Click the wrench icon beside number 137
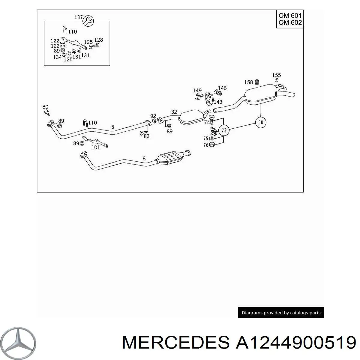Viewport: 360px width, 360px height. pyautogui.click(x=88, y=21)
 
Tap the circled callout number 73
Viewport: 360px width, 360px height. pyautogui.click(x=223, y=130)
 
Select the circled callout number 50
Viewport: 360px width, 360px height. pyautogui.click(x=260, y=122)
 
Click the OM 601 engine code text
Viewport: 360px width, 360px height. pyautogui.click(x=290, y=16)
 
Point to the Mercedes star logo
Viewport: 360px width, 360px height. pyautogui.click(x=18, y=343)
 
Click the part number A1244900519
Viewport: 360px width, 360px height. pyautogui.click(x=296, y=343)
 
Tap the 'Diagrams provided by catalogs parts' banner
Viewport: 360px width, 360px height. pyautogui.click(x=281, y=313)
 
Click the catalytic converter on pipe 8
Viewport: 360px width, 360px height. pyautogui.click(x=170, y=158)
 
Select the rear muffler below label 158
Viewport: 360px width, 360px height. pyautogui.click(x=261, y=94)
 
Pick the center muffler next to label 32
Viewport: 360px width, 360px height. pyautogui.click(x=191, y=117)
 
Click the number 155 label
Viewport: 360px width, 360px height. pyautogui.click(x=277, y=75)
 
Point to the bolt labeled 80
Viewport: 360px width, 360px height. pyautogui.click(x=47, y=113)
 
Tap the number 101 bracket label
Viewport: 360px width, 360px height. pyautogui.click(x=95, y=148)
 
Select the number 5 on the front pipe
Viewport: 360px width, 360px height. pyautogui.click(x=113, y=127)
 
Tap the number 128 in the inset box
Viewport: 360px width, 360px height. pyautogui.click(x=99, y=40)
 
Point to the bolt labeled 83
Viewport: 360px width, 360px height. pyautogui.click(x=143, y=133)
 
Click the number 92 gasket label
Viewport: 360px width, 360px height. pyautogui.click(x=153, y=116)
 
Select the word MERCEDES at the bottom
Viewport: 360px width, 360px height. pyautogui.click(x=176, y=343)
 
